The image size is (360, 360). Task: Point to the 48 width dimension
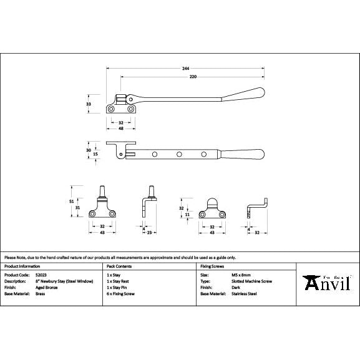click(x=121, y=128)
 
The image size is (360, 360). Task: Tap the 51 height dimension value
click(x=71, y=201)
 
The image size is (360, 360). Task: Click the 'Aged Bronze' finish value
click(x=46, y=287)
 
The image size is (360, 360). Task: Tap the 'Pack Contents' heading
click(x=119, y=266)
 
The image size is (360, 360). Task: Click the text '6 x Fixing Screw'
click(x=120, y=293)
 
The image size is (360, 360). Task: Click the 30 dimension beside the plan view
click(x=89, y=150)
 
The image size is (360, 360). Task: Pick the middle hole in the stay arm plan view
click(x=179, y=153)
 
